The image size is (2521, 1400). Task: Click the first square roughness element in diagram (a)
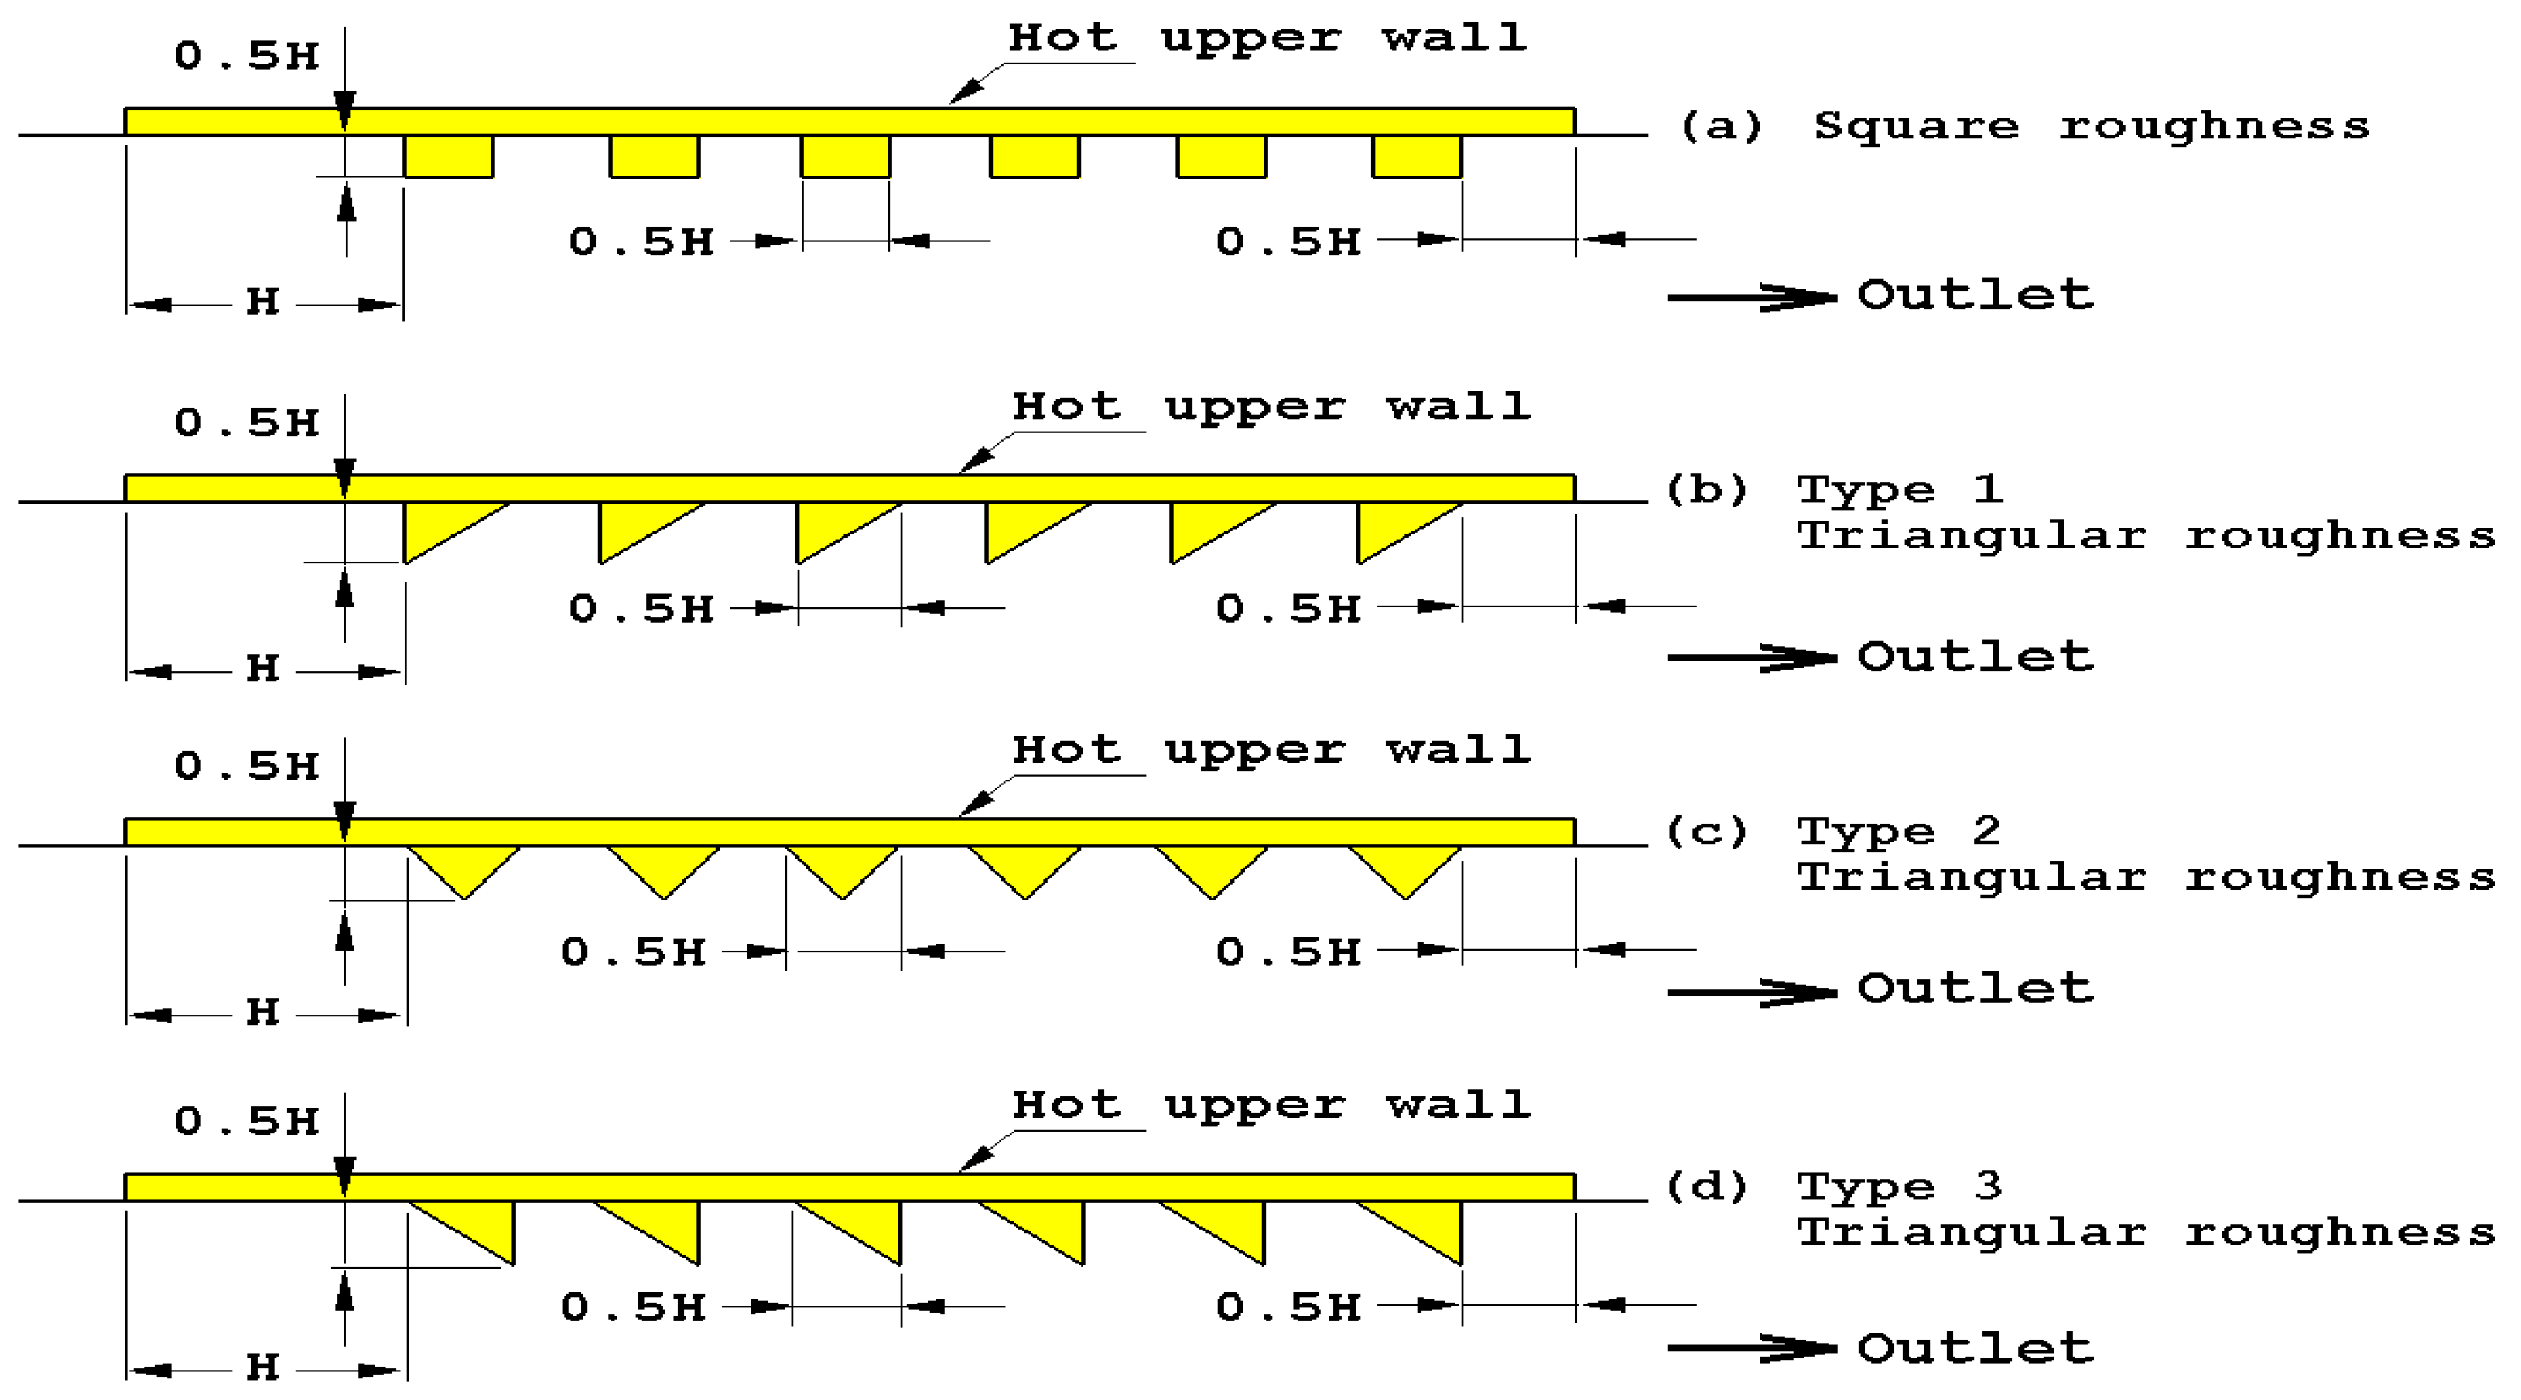click(x=448, y=156)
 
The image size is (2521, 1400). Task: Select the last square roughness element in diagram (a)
click(x=1416, y=156)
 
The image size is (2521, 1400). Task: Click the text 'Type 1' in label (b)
click(x=1899, y=489)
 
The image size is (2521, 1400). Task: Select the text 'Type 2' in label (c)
click(x=1899, y=831)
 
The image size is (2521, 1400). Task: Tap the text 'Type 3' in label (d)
click(x=1899, y=1187)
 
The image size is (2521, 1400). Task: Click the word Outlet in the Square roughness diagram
click(x=1975, y=295)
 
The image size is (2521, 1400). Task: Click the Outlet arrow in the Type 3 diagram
click(x=1751, y=1348)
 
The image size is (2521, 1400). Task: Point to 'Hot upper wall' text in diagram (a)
click(x=1267, y=38)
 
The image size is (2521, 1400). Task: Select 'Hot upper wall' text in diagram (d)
click(x=1271, y=1105)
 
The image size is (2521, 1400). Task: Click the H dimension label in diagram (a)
click(x=262, y=302)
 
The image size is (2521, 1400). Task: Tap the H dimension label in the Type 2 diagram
click(x=262, y=1012)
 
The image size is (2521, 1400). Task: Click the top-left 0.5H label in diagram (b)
click(x=247, y=422)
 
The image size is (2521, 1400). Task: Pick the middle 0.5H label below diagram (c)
click(x=633, y=952)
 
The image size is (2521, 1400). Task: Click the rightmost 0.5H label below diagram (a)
click(x=1288, y=241)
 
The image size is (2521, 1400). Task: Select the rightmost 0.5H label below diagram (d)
click(x=1288, y=1308)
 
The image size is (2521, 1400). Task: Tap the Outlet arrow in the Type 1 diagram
click(x=1751, y=657)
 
